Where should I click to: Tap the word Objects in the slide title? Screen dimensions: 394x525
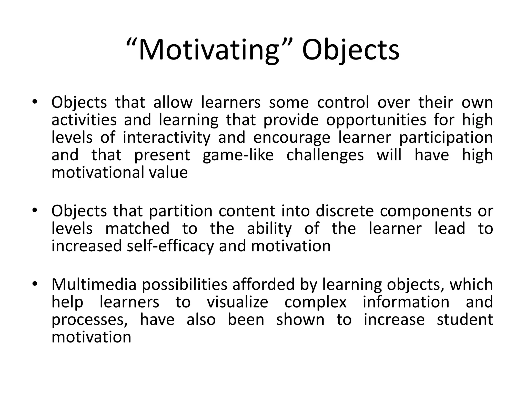click(x=350, y=50)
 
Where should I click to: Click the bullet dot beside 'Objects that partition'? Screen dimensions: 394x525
click(x=35, y=211)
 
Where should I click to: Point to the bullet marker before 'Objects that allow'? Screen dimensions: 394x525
click(x=35, y=102)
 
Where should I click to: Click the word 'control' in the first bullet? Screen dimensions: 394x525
click(x=343, y=102)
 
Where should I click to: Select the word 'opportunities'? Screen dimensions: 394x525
click(x=376, y=120)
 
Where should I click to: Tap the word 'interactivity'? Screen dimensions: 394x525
click(x=166, y=137)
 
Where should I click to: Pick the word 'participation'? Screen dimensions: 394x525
click(x=446, y=137)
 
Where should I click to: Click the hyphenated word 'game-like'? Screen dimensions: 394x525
click(x=238, y=155)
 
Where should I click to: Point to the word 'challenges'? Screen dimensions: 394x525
click(x=325, y=155)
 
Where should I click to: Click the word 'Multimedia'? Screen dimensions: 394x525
click(x=94, y=284)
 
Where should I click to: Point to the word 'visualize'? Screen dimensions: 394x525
click(x=237, y=302)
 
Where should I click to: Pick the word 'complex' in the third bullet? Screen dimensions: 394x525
click(x=315, y=302)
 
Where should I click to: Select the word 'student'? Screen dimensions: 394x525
click(x=465, y=319)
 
